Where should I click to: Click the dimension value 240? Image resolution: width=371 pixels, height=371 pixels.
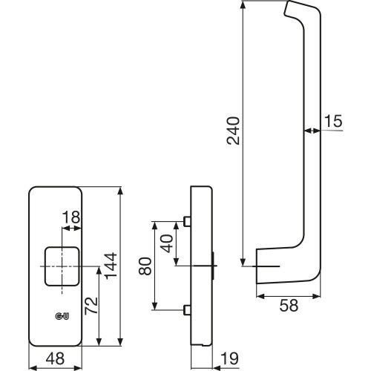233,131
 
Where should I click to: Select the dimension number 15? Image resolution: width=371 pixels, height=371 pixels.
333,121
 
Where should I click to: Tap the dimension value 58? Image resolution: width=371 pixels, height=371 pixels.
289,305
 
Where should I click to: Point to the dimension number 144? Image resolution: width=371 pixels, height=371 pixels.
111,266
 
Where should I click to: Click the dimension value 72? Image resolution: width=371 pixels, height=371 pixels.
91,306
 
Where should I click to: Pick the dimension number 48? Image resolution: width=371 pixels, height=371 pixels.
55,358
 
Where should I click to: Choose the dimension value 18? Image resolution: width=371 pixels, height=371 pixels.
71,217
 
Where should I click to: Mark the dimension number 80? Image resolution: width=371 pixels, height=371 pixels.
145,266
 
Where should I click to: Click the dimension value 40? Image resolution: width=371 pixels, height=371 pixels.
167,243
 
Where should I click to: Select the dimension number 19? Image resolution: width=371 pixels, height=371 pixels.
229,358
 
